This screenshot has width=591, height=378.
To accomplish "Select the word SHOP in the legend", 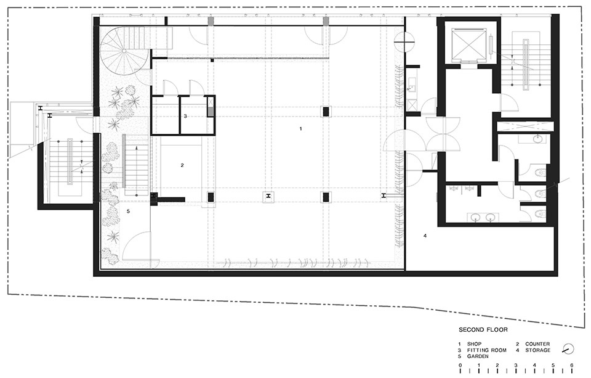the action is point(474,344).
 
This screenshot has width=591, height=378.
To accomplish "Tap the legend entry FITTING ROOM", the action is point(486,350).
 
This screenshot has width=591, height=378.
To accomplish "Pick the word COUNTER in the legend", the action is point(537,344).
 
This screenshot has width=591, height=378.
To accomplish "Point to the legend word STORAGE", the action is point(538,350).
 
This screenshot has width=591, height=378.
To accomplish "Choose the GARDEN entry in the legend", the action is point(478,356).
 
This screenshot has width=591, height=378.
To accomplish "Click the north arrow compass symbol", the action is point(568,349).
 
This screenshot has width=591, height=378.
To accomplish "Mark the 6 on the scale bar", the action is point(572,365).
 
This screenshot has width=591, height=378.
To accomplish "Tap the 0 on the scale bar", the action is point(460,365).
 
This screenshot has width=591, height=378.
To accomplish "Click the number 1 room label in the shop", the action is point(301,129).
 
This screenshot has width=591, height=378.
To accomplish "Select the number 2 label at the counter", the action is point(182,165).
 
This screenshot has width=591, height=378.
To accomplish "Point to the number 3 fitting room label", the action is point(185,117).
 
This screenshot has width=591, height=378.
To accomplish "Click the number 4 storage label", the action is point(425,236).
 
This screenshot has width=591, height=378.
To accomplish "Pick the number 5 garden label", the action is point(128,211).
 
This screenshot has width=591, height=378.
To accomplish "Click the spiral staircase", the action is point(124,51).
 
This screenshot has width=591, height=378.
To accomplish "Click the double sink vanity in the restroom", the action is point(483,217).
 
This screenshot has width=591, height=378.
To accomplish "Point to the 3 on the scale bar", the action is point(516,365).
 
